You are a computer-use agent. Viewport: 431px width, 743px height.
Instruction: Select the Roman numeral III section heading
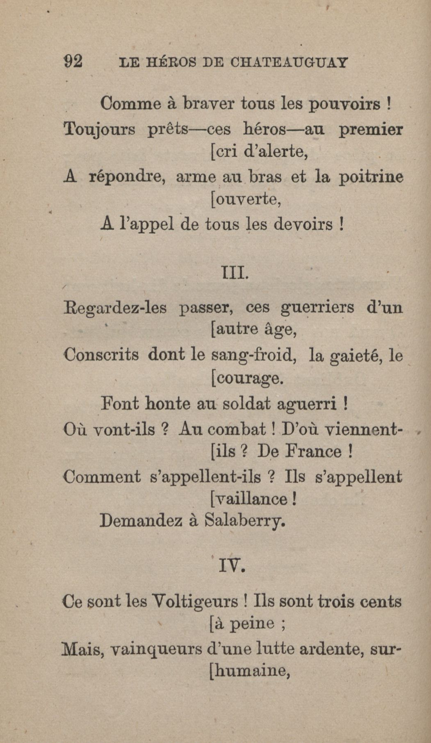pos(235,272)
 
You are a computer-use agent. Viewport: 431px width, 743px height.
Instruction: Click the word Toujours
pos(100,130)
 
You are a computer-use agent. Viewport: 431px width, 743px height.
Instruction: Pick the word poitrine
pos(371,177)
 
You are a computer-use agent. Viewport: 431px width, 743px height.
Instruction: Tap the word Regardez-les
pos(115,308)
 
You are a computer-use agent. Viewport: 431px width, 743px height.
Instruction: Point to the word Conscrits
pos(101,354)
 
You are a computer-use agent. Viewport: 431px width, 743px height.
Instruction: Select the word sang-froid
pos(253,355)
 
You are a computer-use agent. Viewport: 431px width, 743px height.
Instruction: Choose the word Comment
pos(102,476)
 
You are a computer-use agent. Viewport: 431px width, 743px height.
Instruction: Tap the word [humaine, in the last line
pos(250,671)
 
